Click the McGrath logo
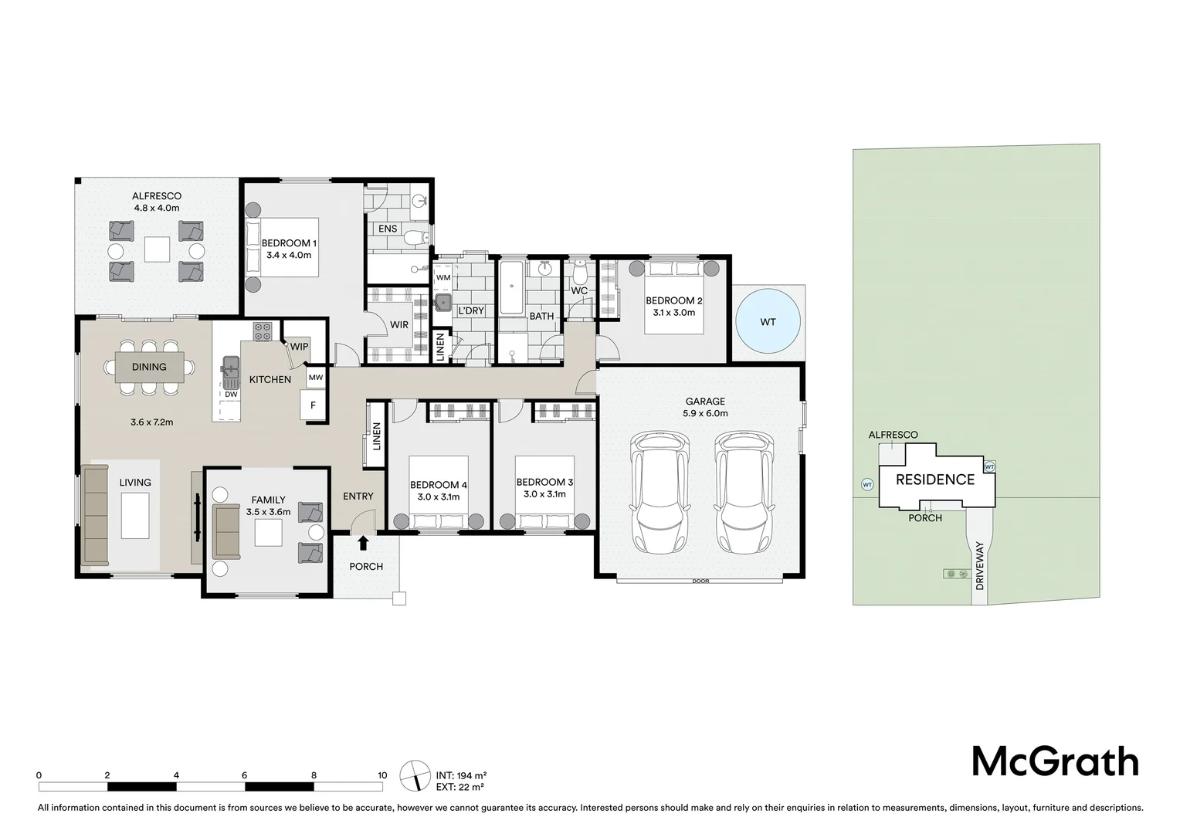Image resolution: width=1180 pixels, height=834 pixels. point(1054,761)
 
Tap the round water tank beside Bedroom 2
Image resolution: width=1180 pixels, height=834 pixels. point(767,321)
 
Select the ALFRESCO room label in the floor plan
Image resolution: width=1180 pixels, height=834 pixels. point(157,196)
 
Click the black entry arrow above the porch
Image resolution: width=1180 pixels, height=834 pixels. point(364,544)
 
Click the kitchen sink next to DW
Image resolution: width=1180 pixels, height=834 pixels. point(230,373)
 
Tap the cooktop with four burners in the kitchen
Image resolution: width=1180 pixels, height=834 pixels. point(263,331)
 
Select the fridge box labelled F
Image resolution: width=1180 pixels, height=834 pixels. point(313,405)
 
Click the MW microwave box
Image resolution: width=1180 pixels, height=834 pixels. point(315,378)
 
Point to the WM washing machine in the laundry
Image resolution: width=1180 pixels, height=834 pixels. point(443,277)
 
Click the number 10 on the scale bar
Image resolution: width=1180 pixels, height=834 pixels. point(382,775)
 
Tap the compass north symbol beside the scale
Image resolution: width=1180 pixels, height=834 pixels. point(415,775)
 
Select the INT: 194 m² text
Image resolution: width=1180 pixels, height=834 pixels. point(460,775)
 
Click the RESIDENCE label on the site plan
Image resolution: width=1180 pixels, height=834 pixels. point(934,480)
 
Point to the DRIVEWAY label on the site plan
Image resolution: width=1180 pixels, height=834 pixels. point(979,566)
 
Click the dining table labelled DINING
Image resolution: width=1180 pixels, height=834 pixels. point(149,368)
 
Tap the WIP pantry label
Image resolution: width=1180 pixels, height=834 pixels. point(299,347)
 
